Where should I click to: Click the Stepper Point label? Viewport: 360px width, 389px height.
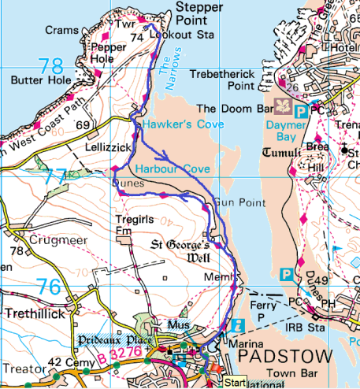click(x=200, y=16)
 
